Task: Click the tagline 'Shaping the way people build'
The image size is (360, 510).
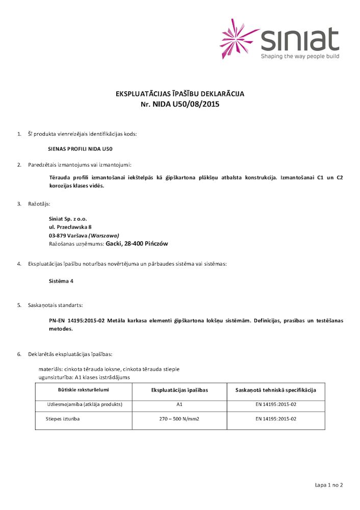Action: tap(300, 56)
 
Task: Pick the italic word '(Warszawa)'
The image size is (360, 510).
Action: tap(104, 235)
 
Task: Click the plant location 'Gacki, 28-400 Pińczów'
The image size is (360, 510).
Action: tap(136, 244)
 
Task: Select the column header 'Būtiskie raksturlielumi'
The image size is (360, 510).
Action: tap(84, 390)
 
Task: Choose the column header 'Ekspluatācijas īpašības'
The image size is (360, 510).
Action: tap(179, 390)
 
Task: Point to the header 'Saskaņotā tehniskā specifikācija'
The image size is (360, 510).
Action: tap(276, 390)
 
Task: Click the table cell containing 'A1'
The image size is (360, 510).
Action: tap(179, 404)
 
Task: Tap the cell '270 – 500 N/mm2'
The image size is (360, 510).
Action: tap(179, 419)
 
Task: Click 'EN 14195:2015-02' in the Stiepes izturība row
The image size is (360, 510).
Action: tap(276, 419)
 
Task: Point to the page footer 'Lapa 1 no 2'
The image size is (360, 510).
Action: tap(329, 484)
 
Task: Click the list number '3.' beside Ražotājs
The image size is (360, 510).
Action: tap(19, 203)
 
